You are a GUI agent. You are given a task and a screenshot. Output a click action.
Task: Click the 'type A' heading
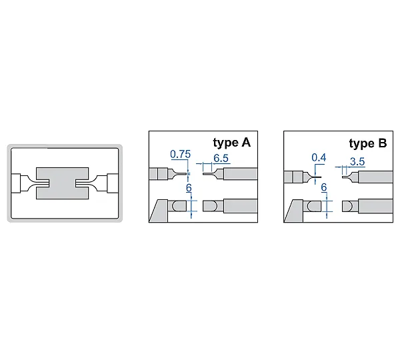pos(231,143)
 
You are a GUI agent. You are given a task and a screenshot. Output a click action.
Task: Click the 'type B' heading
pos(368,143)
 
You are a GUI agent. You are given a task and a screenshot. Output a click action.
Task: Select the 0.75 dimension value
pos(181,155)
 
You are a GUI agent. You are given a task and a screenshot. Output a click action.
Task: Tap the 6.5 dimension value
pos(221,159)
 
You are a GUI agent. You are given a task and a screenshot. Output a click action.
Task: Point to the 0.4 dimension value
pos(319,158)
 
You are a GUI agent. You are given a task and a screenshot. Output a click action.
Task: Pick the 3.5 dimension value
pos(357,162)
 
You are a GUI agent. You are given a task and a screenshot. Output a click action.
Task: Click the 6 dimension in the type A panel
pos(189,188)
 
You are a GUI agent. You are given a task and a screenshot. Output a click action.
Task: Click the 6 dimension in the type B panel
pos(324,187)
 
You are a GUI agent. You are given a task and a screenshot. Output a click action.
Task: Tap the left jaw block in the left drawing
pos(16,183)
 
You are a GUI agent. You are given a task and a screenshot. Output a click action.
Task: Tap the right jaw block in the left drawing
pos(113,183)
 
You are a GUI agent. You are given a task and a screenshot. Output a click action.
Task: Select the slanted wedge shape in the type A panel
pos(159,211)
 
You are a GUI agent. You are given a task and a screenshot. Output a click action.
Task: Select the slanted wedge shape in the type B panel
pos(293,211)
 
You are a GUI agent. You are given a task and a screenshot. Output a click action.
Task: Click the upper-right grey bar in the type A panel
pos(240,174)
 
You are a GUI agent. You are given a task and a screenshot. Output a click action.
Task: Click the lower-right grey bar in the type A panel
pos(240,206)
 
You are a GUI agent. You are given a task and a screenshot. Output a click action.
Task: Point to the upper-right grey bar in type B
pos(375,177)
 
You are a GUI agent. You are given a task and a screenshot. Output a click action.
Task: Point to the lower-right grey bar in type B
pos(375,206)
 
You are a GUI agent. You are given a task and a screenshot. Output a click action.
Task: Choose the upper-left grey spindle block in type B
pos(293,177)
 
